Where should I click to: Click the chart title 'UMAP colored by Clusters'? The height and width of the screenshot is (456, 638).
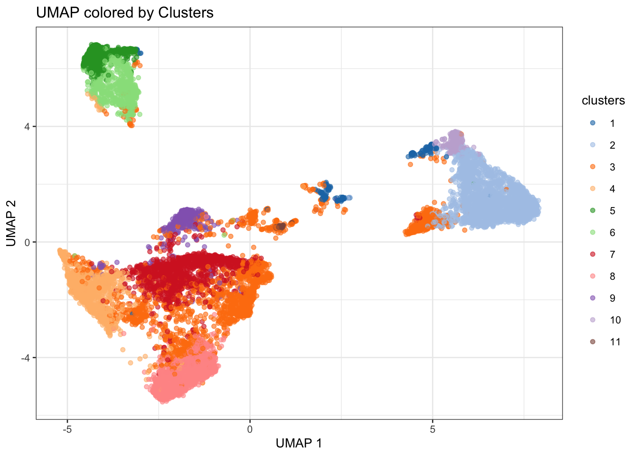(x=125, y=12)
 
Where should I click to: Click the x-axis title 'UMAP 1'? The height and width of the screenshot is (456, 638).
(x=299, y=443)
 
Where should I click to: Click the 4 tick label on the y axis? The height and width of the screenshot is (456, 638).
(x=27, y=127)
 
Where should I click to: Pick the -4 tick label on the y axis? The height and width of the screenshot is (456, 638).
(x=25, y=358)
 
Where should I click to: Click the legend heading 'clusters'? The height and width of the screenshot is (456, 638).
(x=603, y=101)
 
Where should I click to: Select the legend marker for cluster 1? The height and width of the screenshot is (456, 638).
(x=592, y=123)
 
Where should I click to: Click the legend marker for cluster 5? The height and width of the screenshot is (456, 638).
(x=592, y=210)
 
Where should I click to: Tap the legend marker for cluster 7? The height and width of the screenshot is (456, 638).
(x=592, y=254)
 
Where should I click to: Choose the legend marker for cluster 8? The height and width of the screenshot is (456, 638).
(x=592, y=276)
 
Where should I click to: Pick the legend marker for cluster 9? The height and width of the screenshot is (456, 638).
(x=592, y=298)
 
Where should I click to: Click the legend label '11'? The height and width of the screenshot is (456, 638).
(x=615, y=342)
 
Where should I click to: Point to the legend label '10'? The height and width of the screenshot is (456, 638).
(x=615, y=320)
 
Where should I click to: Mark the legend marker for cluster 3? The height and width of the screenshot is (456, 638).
(x=592, y=167)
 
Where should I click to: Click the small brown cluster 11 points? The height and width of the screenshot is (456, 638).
(x=281, y=226)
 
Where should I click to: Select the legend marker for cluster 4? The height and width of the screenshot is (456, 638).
(x=592, y=189)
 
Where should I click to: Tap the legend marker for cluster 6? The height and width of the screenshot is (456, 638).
(x=592, y=232)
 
